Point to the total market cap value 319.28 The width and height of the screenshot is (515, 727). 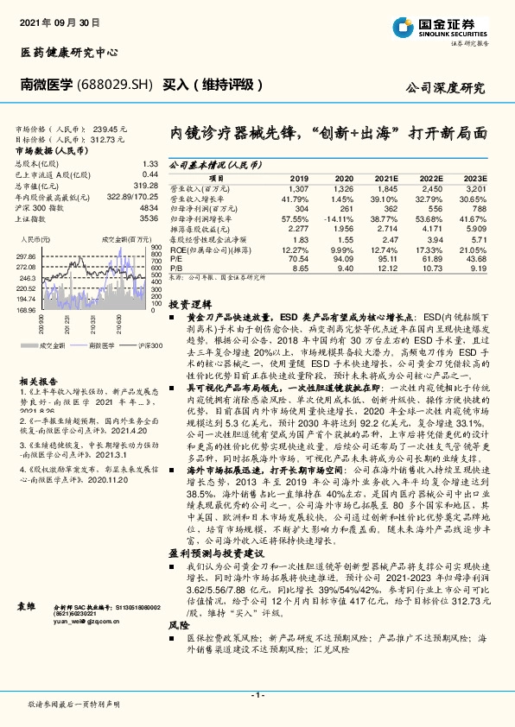(144, 185)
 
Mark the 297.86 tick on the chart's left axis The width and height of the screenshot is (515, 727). (26, 257)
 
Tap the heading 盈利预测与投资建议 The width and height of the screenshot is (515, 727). (215, 528)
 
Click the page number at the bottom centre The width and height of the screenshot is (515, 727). (257, 694)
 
